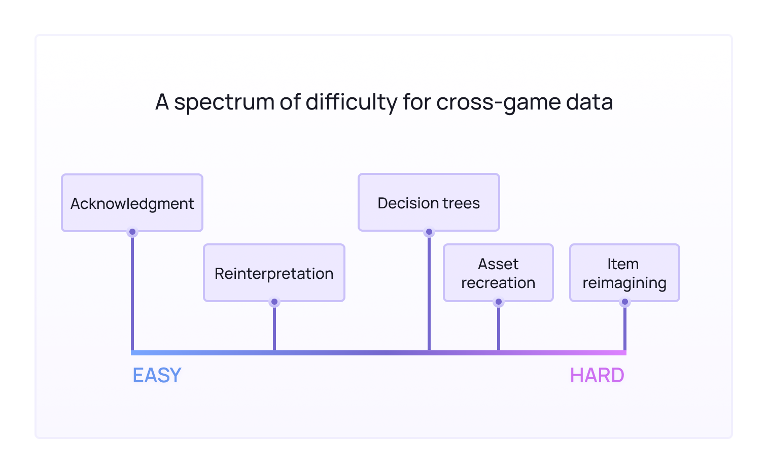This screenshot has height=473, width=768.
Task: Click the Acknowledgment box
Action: (132, 203)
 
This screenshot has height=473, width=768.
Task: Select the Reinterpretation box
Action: (274, 273)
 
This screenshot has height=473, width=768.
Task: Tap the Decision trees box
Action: (429, 202)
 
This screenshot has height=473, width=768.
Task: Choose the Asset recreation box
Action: (498, 273)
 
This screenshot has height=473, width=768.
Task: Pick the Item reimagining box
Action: (624, 273)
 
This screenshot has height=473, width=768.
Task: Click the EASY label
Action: (157, 376)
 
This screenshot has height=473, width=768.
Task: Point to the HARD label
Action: (597, 376)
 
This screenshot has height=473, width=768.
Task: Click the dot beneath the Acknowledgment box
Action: (132, 232)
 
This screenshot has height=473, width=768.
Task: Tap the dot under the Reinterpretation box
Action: (274, 302)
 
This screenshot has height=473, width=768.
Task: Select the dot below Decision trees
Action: (429, 232)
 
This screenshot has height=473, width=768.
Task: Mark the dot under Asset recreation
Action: (499, 302)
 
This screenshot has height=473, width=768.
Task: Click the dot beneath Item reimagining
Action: (625, 302)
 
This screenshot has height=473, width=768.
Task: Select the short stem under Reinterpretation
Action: (274, 327)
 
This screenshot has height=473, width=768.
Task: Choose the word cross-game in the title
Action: (498, 102)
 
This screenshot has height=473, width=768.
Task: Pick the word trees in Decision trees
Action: (461, 203)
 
